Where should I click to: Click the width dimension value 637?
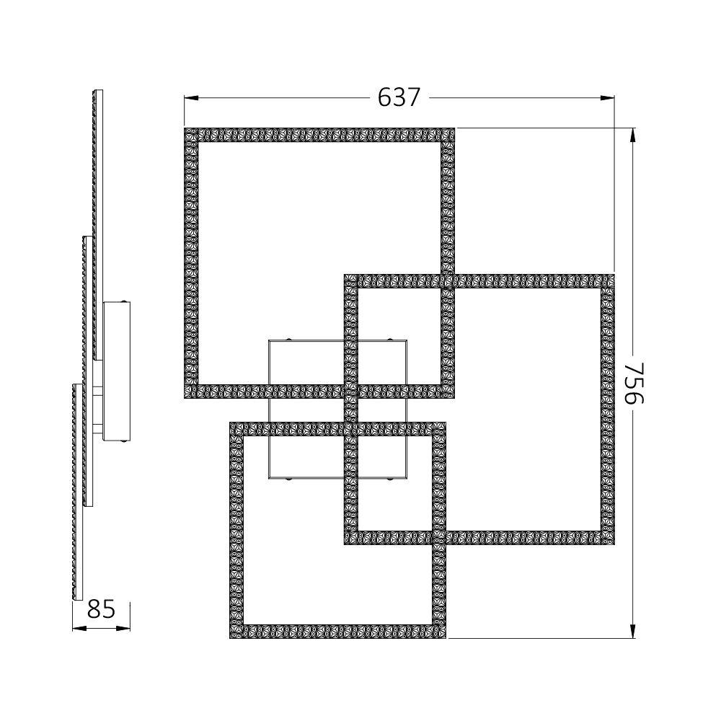tap(399, 97)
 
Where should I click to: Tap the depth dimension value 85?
tap(101, 609)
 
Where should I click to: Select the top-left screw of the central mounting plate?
tap(288, 339)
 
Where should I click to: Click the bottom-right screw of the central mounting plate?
tap(390, 479)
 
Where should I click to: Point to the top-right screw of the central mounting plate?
tap(390, 339)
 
